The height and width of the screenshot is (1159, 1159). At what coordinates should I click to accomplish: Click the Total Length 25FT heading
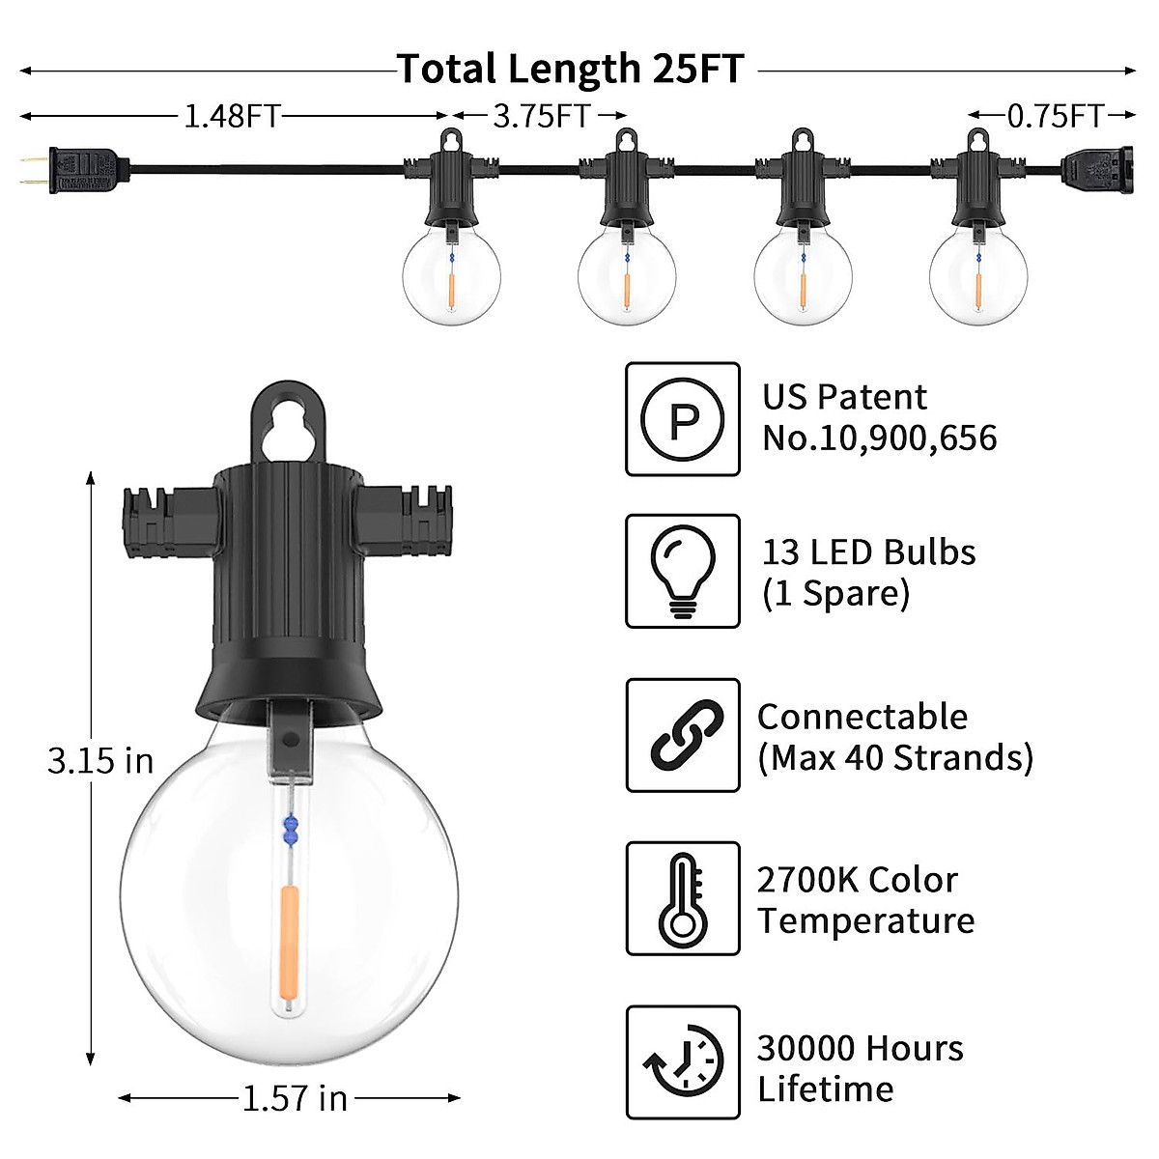[x=571, y=70]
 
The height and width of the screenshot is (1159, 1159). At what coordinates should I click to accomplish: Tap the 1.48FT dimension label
[x=231, y=117]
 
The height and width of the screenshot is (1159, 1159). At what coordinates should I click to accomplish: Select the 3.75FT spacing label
[x=541, y=117]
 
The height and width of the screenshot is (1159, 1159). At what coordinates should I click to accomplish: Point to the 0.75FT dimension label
[x=1055, y=117]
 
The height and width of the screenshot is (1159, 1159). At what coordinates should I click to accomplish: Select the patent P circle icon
[x=682, y=419]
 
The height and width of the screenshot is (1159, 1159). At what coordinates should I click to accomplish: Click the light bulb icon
[x=682, y=571]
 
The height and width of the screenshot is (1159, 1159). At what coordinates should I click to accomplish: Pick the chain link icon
[x=682, y=735]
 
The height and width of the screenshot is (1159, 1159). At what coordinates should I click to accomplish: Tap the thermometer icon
[x=682, y=898]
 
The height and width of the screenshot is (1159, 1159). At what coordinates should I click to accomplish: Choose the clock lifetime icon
[x=682, y=1062]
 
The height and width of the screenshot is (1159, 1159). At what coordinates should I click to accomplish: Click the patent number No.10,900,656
[x=879, y=438]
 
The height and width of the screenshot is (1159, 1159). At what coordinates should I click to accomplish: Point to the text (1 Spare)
[x=835, y=593]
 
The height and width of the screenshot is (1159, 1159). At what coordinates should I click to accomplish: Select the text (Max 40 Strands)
[x=895, y=757]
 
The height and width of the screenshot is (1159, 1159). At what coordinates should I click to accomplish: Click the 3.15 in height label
[x=100, y=761]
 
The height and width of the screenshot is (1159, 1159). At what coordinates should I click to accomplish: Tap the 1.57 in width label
[x=294, y=1098]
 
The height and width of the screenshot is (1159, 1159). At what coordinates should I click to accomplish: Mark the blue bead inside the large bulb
[x=289, y=828]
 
